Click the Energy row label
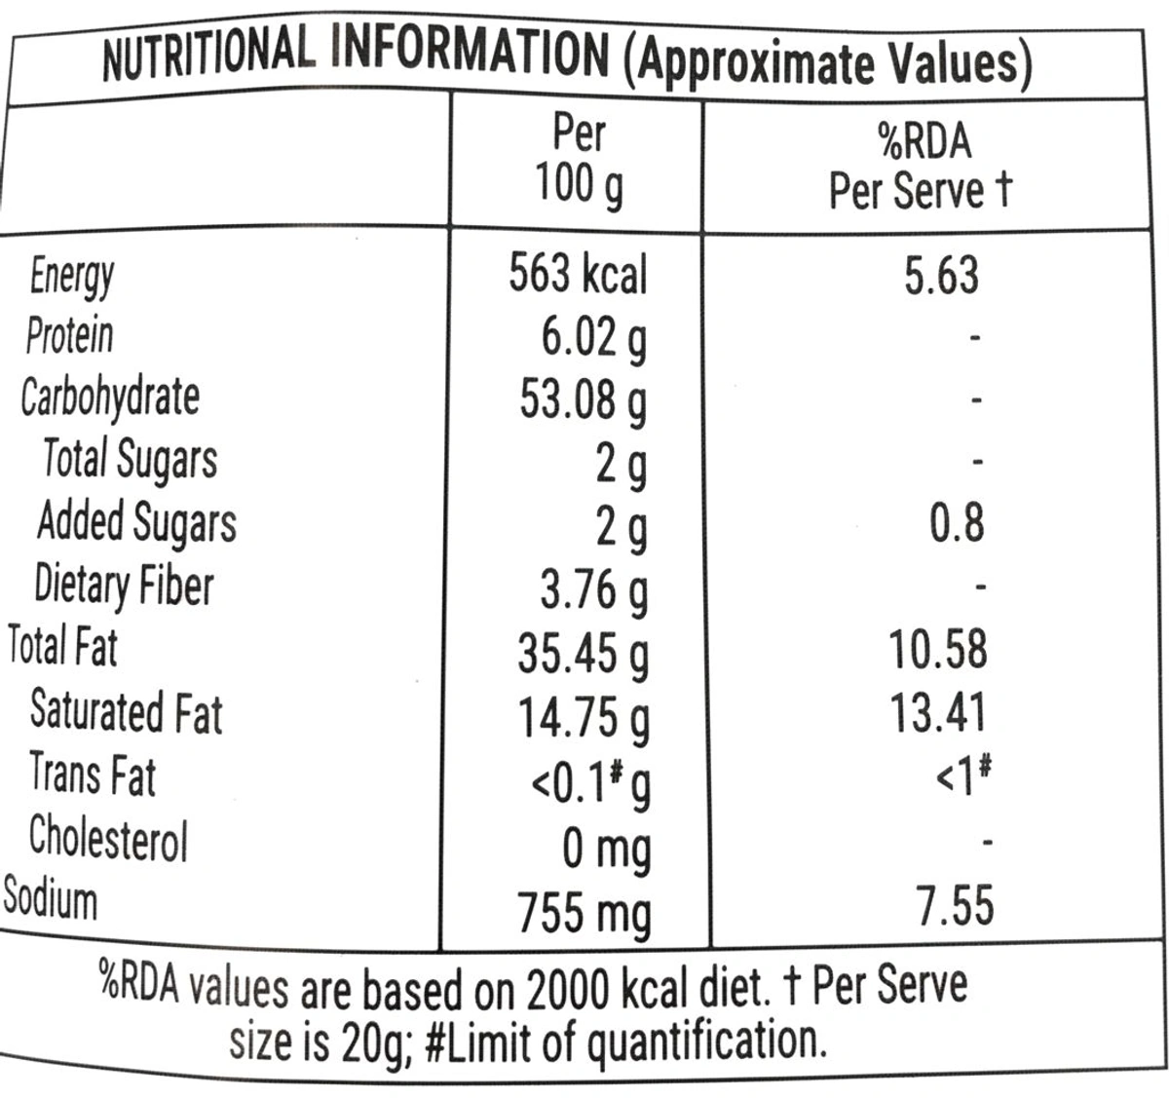point(72,278)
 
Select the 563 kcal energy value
point(578,275)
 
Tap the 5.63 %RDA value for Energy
point(940,275)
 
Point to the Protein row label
point(69,336)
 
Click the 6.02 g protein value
point(593,339)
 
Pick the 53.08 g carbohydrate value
point(583,400)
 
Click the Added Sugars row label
point(136,522)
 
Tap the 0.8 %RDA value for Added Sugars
point(957,523)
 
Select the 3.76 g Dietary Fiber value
point(593,589)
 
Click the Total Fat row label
point(62,646)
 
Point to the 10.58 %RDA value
point(938,650)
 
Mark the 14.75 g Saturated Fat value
point(583,717)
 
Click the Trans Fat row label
point(93,775)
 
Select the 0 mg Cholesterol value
point(606,850)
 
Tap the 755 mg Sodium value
point(584,914)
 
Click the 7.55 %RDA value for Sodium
point(955,906)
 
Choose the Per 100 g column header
point(579,158)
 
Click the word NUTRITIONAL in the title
point(208,57)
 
